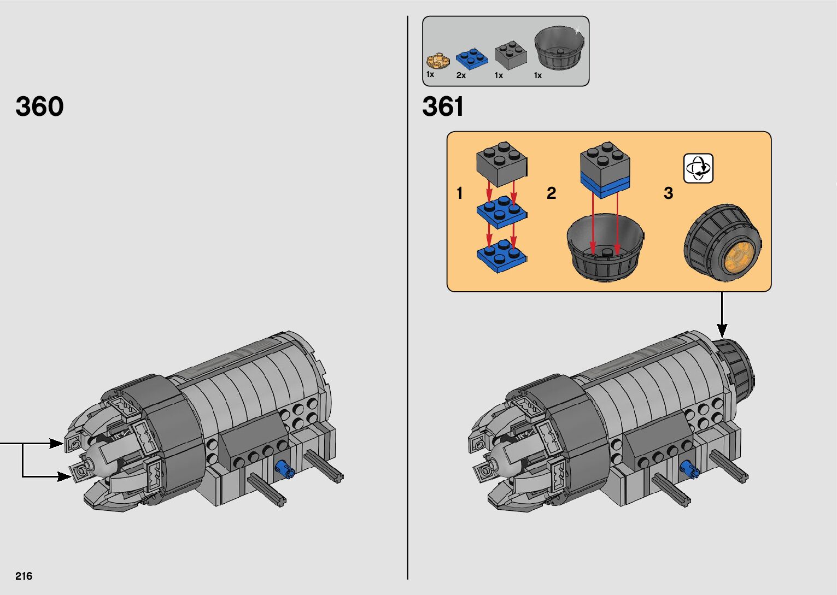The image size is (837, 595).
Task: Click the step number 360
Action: click(39, 107)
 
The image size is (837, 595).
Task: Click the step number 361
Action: click(443, 107)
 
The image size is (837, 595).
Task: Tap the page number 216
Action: click(24, 576)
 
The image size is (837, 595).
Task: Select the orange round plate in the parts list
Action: click(438, 61)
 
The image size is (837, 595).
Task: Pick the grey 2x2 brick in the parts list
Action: click(511, 55)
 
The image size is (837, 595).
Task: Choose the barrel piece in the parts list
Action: click(559, 48)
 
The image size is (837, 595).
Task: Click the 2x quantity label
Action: click(461, 75)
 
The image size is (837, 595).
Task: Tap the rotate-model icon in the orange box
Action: click(698, 168)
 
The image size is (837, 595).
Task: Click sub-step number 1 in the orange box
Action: click(460, 193)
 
